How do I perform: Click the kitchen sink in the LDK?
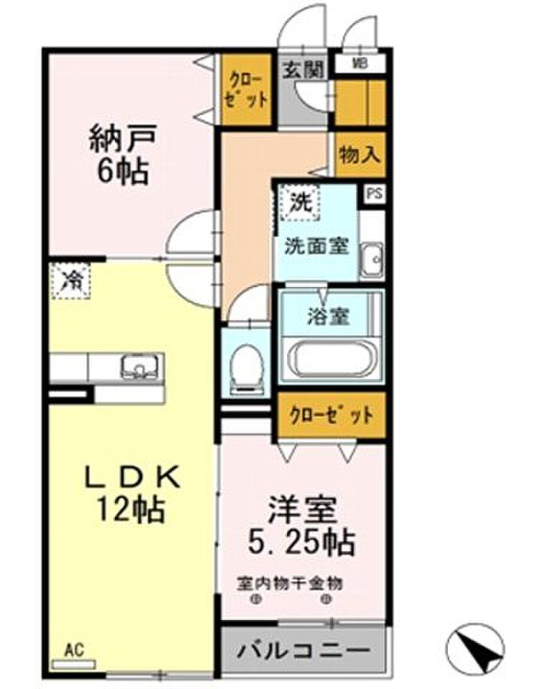coord(140,366)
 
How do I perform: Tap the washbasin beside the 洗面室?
coord(372,260)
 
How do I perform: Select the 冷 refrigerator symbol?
coord(70,281)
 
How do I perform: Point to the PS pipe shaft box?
coord(375,194)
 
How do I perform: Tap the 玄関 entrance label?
coord(303,70)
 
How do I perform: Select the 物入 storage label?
coord(360,155)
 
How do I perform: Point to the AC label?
coord(74,651)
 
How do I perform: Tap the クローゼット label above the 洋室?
coord(332,416)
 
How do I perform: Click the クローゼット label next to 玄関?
coord(245,91)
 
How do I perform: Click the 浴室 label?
coord(328,317)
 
